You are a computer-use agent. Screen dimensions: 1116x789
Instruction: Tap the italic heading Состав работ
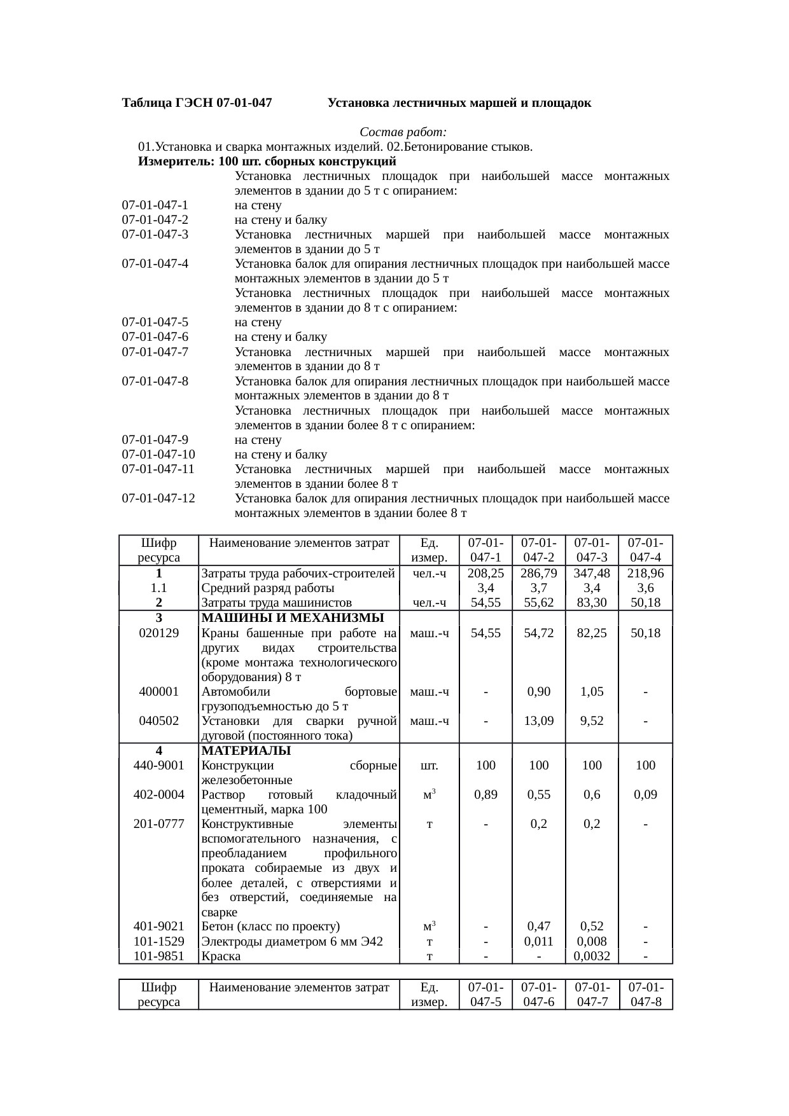click(403, 132)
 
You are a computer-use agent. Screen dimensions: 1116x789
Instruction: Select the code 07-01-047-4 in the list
click(155, 264)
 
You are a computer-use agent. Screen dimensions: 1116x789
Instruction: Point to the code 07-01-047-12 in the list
click(158, 498)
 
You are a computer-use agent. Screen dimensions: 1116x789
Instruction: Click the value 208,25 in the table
click(485, 574)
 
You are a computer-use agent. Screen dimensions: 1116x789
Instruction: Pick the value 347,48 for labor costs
click(592, 574)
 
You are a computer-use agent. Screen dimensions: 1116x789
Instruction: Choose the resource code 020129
click(158, 633)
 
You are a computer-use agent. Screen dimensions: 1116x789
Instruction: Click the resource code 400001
click(158, 692)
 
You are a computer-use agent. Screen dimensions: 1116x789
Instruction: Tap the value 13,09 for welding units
click(539, 721)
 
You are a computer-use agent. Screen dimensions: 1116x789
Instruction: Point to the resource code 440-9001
click(158, 766)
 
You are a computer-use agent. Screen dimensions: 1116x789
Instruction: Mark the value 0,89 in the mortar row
click(485, 795)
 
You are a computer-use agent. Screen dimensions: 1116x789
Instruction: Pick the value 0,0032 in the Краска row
click(592, 956)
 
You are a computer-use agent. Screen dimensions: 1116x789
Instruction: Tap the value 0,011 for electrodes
click(539, 941)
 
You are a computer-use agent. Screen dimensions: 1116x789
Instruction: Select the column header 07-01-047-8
click(645, 995)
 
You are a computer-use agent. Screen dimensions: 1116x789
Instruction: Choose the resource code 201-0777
click(158, 824)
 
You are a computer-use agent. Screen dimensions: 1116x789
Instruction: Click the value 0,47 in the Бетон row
click(539, 927)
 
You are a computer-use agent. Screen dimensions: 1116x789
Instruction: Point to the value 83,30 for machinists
click(592, 603)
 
